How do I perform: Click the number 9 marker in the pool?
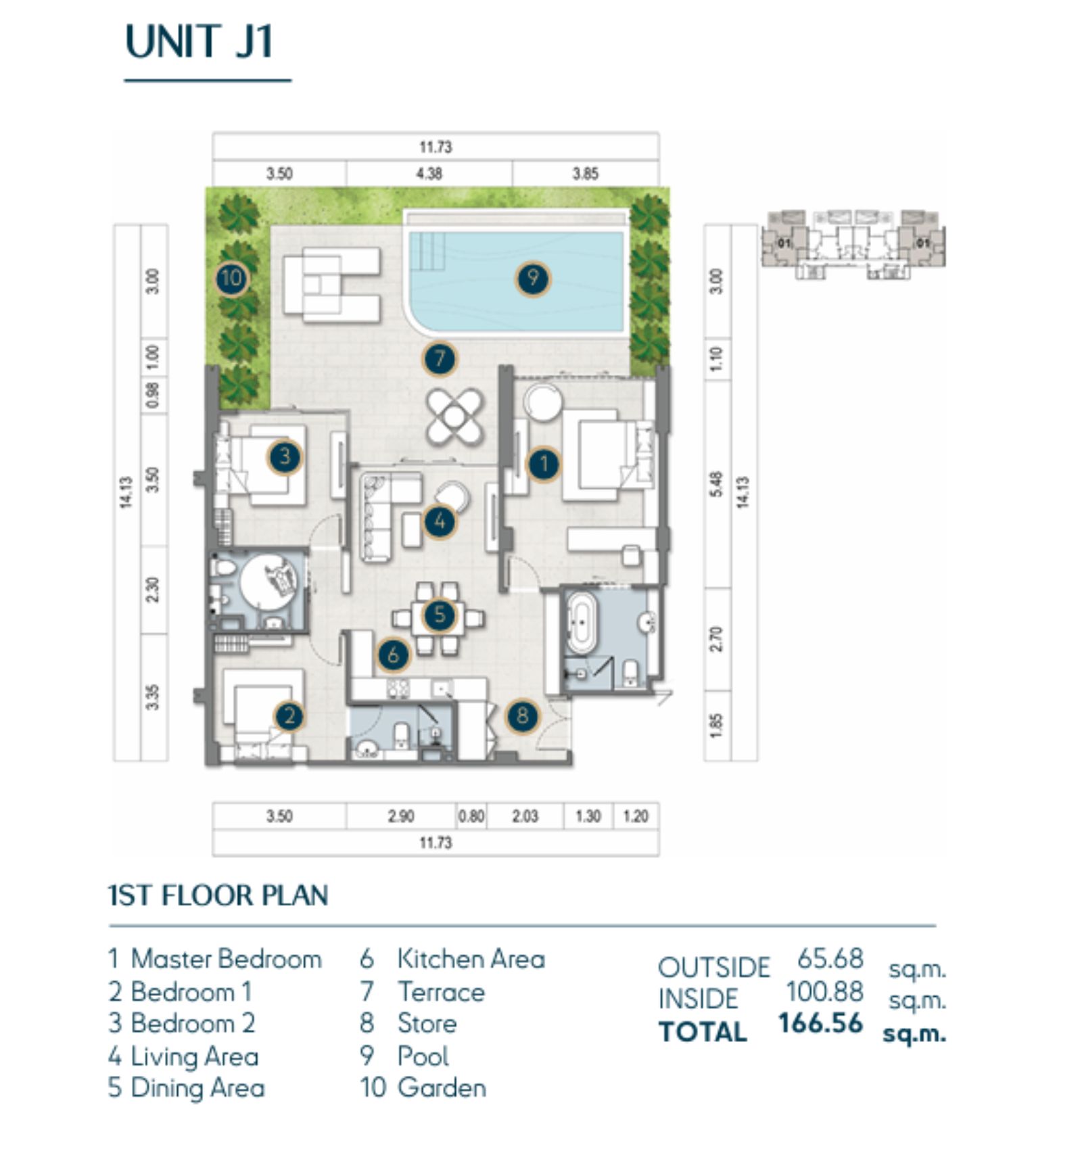pyautogui.click(x=533, y=278)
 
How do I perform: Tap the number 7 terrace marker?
pyautogui.click(x=440, y=358)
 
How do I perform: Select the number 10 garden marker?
pyautogui.click(x=231, y=278)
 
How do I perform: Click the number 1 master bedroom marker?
pyautogui.click(x=543, y=464)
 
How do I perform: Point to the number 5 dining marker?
pyautogui.click(x=440, y=615)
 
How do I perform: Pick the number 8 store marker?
pyautogui.click(x=522, y=715)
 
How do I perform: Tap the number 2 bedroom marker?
pyautogui.click(x=290, y=715)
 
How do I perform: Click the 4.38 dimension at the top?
pyautogui.click(x=429, y=174)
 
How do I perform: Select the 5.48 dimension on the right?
pyautogui.click(x=717, y=483)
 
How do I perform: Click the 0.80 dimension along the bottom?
pyautogui.click(x=471, y=816)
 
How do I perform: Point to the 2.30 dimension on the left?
pyautogui.click(x=153, y=589)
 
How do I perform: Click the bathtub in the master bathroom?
pyautogui.click(x=581, y=623)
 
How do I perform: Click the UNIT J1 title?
pyautogui.click(x=199, y=42)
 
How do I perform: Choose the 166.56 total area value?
pyautogui.click(x=820, y=1023)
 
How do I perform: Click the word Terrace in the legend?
pyautogui.click(x=441, y=992)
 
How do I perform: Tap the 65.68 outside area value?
pyautogui.click(x=830, y=958)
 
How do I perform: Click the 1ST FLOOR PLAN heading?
pyautogui.click(x=218, y=895)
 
